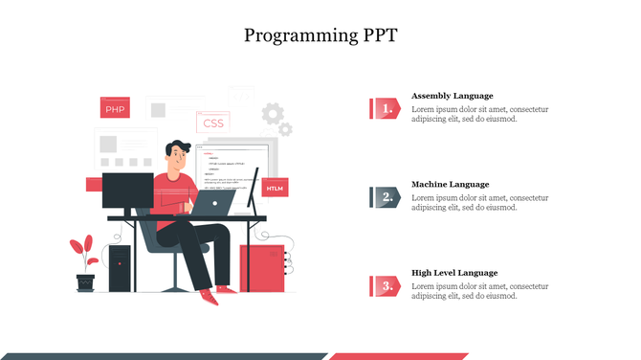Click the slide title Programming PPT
(320, 36)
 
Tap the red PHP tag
(115, 109)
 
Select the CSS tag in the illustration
(212, 123)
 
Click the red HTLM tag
(275, 189)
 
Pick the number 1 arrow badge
(385, 109)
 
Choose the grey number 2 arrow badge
(385, 197)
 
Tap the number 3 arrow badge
(385, 285)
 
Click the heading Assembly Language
(452, 96)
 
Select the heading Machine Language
(450, 184)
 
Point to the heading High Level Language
(454, 272)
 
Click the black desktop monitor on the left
(127, 191)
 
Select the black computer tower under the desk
(120, 267)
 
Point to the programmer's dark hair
(176, 148)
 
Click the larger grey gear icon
(273, 114)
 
